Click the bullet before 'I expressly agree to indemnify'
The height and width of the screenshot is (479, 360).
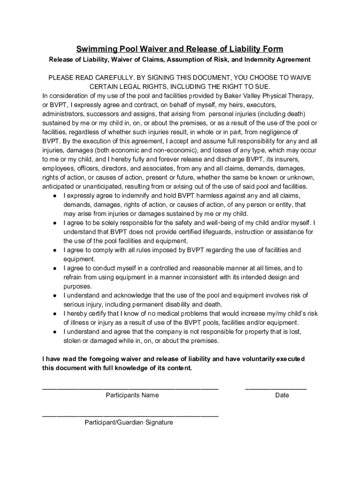(x=55, y=196)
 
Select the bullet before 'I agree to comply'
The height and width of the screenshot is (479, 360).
(x=55, y=250)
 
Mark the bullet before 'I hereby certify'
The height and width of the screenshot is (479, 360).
(x=55, y=314)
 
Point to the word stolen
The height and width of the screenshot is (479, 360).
(x=72, y=341)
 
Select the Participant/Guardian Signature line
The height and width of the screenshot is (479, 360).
(x=130, y=415)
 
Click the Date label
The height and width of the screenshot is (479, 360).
(x=282, y=395)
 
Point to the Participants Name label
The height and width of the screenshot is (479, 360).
(x=132, y=395)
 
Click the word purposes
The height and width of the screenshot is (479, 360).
(x=78, y=286)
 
